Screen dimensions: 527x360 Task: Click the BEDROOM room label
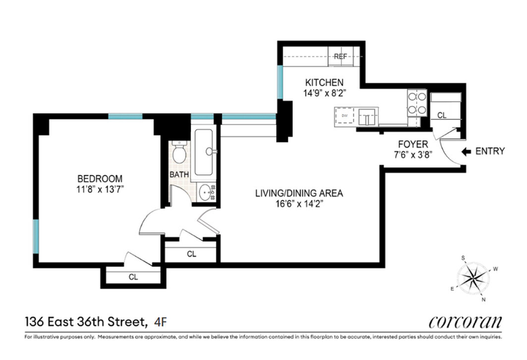click(100, 178)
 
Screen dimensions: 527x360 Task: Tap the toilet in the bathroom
click(179, 153)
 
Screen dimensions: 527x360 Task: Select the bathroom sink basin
click(205, 192)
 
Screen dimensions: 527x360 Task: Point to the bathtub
click(204, 152)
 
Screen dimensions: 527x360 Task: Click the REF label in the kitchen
click(340, 57)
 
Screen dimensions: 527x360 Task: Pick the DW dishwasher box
click(345, 116)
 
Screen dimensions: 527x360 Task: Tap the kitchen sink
click(367, 117)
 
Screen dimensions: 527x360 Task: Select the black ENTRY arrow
click(466, 152)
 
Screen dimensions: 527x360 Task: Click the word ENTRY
click(490, 151)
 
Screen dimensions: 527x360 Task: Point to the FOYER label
click(413, 144)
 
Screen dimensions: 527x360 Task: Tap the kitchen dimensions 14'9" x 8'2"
click(325, 93)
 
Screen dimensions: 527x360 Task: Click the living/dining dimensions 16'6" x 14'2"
click(300, 204)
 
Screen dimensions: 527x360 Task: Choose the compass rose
click(473, 278)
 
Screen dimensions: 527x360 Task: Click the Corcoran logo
click(465, 322)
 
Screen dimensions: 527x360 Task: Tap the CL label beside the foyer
click(441, 116)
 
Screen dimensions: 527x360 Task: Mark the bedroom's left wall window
click(36, 236)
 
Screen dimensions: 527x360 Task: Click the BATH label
click(179, 174)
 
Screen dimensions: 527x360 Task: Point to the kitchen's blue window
click(280, 82)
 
